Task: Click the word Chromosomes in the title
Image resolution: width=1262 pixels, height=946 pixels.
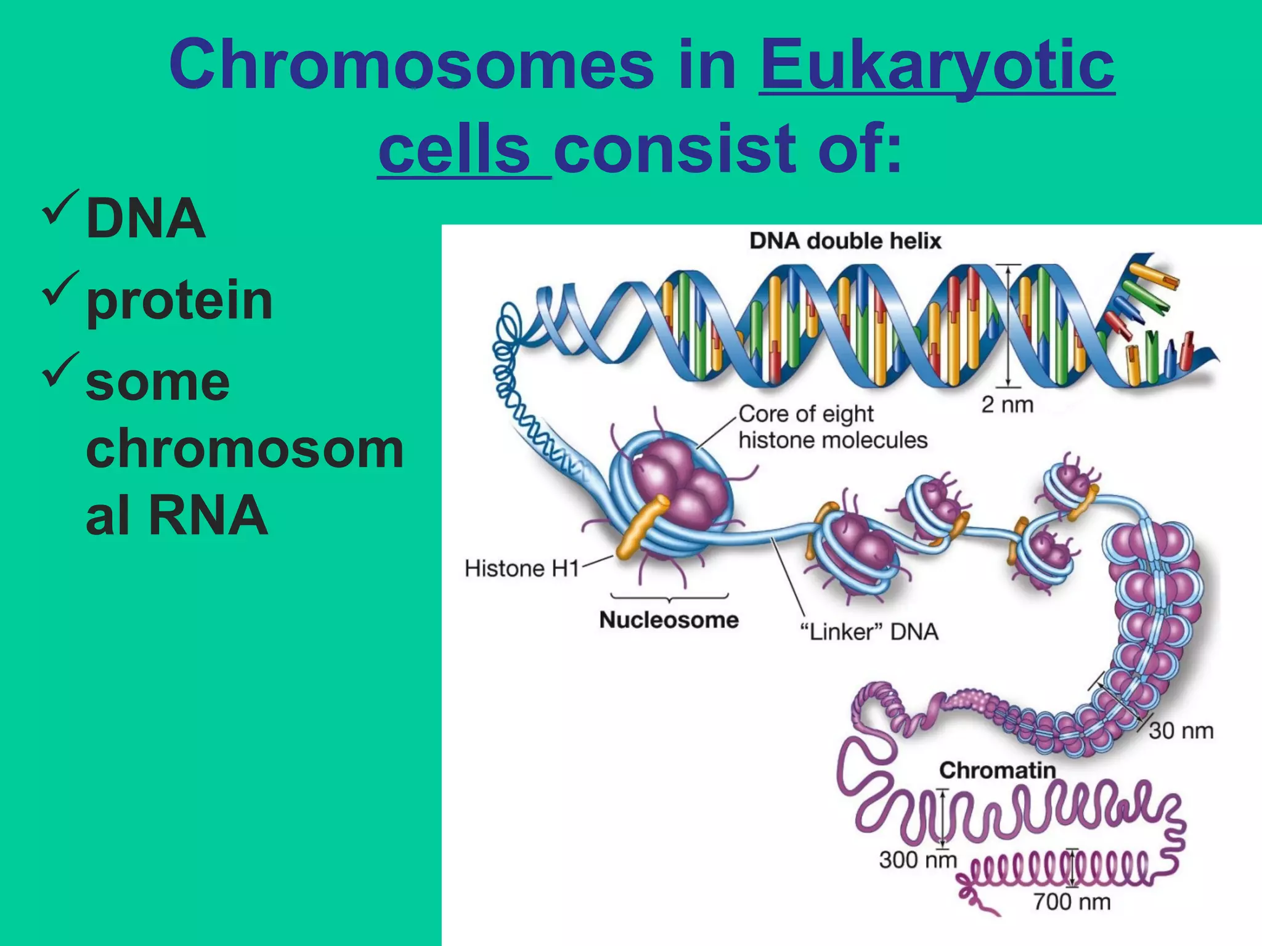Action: pos(411,65)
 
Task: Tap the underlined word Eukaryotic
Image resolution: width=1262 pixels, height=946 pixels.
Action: pos(937,65)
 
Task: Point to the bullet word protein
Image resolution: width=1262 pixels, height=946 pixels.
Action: pos(179,300)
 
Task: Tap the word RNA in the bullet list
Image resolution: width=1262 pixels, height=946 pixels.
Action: pos(208,515)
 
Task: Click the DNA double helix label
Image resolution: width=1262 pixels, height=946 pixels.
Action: pos(845,241)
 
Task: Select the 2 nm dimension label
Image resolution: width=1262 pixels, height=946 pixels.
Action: pos(1007,405)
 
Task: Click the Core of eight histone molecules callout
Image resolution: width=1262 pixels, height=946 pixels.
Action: pos(832,427)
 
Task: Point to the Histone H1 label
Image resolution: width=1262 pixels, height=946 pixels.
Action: pos(521,568)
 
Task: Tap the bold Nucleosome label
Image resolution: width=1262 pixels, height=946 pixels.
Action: pos(669,620)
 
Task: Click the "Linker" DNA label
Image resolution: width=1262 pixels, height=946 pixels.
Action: pos(869,632)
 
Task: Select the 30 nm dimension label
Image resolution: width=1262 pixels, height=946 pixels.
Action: pos(1181,730)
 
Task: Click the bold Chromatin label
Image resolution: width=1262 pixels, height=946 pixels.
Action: pos(997,770)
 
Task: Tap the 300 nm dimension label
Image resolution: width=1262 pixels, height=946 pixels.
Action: pos(918,860)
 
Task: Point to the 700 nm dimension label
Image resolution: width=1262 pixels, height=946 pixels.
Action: pos(1072,902)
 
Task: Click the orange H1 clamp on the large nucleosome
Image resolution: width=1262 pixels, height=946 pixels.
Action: pos(643,527)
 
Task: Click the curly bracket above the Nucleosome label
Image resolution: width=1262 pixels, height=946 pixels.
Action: pos(669,597)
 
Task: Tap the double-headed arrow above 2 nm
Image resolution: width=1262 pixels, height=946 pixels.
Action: pos(1008,326)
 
